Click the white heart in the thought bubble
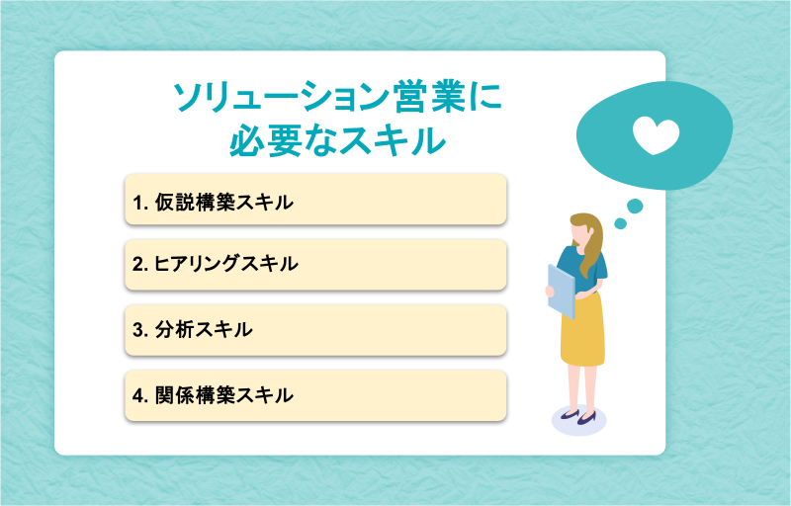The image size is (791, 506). [x=656, y=136]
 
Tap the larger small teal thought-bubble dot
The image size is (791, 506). [x=635, y=207]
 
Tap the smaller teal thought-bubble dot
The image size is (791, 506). [x=621, y=223]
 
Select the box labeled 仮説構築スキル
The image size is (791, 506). [x=315, y=200]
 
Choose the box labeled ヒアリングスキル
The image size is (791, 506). [x=315, y=265]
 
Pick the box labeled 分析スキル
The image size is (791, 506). [x=315, y=330]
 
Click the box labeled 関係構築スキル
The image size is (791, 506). [x=315, y=395]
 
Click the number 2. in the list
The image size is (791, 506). [x=140, y=265]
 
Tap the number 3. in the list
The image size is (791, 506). [x=140, y=330]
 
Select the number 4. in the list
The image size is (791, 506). [x=140, y=395]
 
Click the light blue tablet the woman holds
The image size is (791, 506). [x=562, y=292]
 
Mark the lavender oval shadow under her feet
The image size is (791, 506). [x=579, y=420]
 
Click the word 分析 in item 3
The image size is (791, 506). [x=174, y=330]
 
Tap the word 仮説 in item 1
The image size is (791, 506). [x=174, y=203]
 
